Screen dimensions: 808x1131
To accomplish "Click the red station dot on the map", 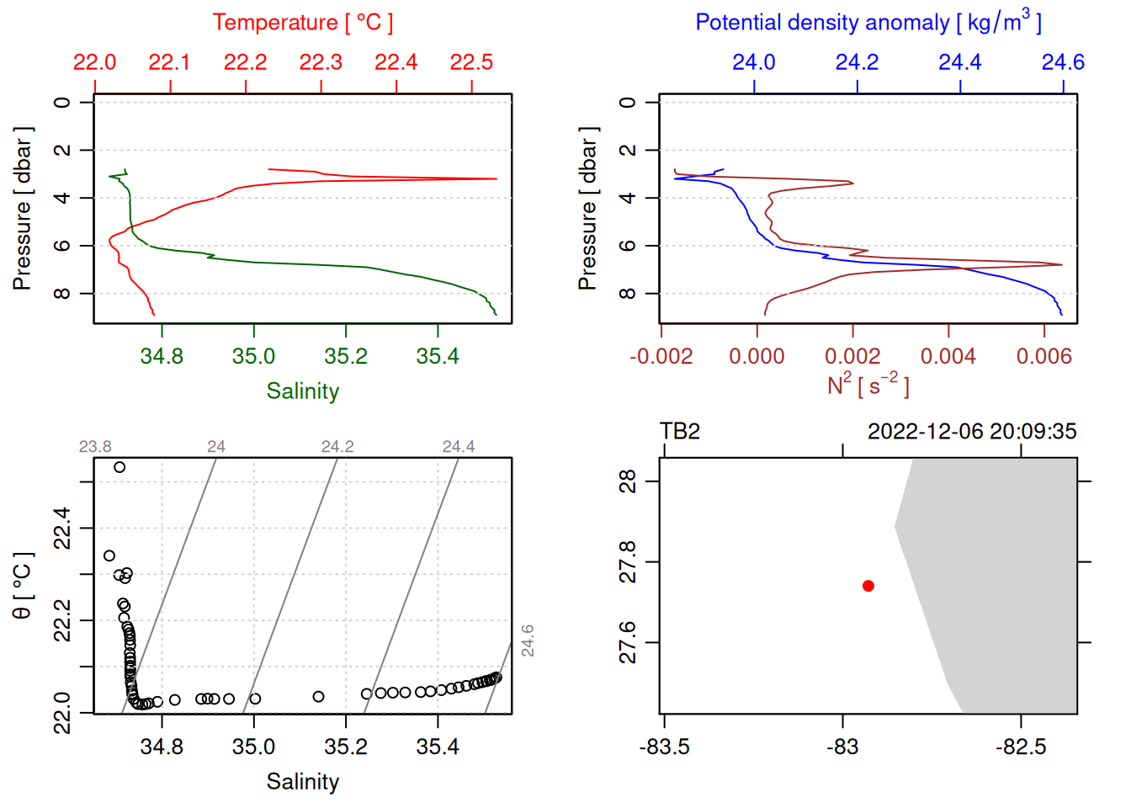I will tap(868, 586).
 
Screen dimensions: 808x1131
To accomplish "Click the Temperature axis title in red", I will tap(302, 23).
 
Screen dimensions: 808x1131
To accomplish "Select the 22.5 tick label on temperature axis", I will tap(471, 62).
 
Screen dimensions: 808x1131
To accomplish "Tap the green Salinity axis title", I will tap(302, 391).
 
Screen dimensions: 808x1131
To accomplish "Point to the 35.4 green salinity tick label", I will tap(438, 357).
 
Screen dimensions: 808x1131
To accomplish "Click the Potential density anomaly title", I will tap(868, 23).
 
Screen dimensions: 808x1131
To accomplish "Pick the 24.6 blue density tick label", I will tap(1063, 62).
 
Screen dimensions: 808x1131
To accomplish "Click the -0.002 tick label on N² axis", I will tap(661, 357).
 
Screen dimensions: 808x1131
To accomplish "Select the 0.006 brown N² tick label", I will tap(1044, 357).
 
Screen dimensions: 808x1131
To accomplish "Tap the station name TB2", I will tap(680, 432).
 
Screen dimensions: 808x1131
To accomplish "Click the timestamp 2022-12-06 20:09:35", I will tap(972, 432).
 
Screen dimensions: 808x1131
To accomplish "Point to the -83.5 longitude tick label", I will tap(664, 747).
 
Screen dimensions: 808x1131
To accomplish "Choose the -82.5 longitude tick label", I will tap(1021, 747).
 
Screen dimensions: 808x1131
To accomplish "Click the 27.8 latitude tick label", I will tap(628, 561).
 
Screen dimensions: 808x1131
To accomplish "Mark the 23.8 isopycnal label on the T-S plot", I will tap(95, 447).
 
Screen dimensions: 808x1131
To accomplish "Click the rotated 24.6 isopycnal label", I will tap(528, 641).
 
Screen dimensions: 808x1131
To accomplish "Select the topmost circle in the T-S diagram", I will tap(119, 467).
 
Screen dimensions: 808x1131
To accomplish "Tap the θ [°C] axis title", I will tap(23, 586).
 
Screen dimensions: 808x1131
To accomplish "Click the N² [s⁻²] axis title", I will tap(868, 385).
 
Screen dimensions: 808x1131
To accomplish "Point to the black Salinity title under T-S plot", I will tap(302, 782).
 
